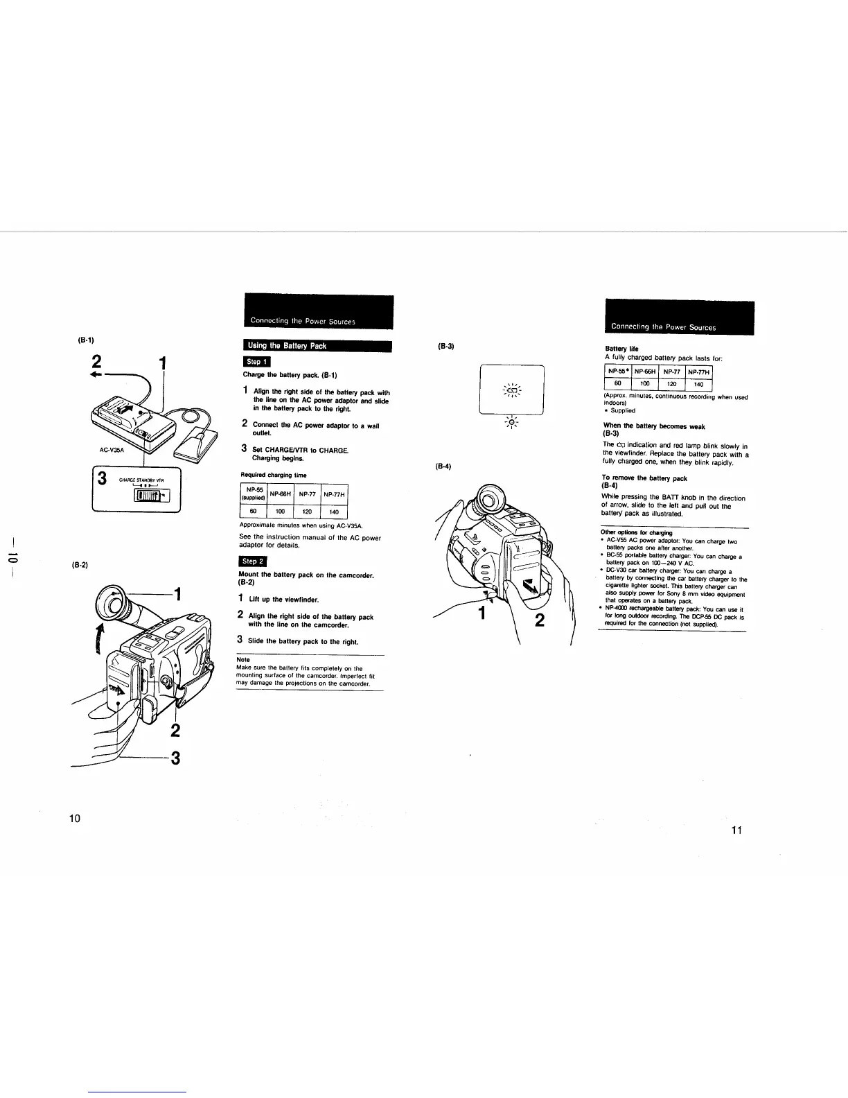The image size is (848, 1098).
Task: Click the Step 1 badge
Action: coord(254,361)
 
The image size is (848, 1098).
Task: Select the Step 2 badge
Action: coord(251,561)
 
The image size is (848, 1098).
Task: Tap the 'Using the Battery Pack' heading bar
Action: coord(315,346)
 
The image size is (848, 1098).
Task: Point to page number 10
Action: coord(75,819)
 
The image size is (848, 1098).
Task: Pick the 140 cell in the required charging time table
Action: coord(334,512)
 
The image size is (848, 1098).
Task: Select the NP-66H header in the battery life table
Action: coord(645,372)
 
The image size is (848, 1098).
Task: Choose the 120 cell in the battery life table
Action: coord(671,383)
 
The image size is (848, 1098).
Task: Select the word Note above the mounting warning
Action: coord(242,660)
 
